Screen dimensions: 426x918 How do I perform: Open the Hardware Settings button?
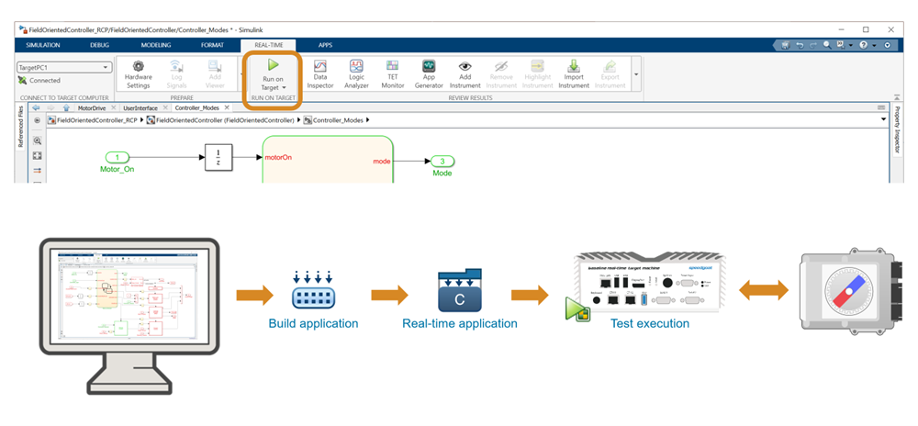click(139, 73)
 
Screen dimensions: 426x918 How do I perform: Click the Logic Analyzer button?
click(357, 73)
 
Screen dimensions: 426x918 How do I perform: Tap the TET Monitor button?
click(392, 73)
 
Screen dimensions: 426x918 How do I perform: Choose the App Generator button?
click(429, 73)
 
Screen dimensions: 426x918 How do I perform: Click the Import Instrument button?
click(574, 73)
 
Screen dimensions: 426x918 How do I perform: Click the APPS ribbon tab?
click(325, 45)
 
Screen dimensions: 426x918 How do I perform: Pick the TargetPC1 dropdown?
click(63, 67)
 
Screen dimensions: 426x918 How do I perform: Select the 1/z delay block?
click(218, 157)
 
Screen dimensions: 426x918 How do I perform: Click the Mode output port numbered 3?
click(442, 162)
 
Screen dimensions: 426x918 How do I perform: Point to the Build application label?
click(313, 323)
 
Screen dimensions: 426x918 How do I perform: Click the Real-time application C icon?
click(459, 290)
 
